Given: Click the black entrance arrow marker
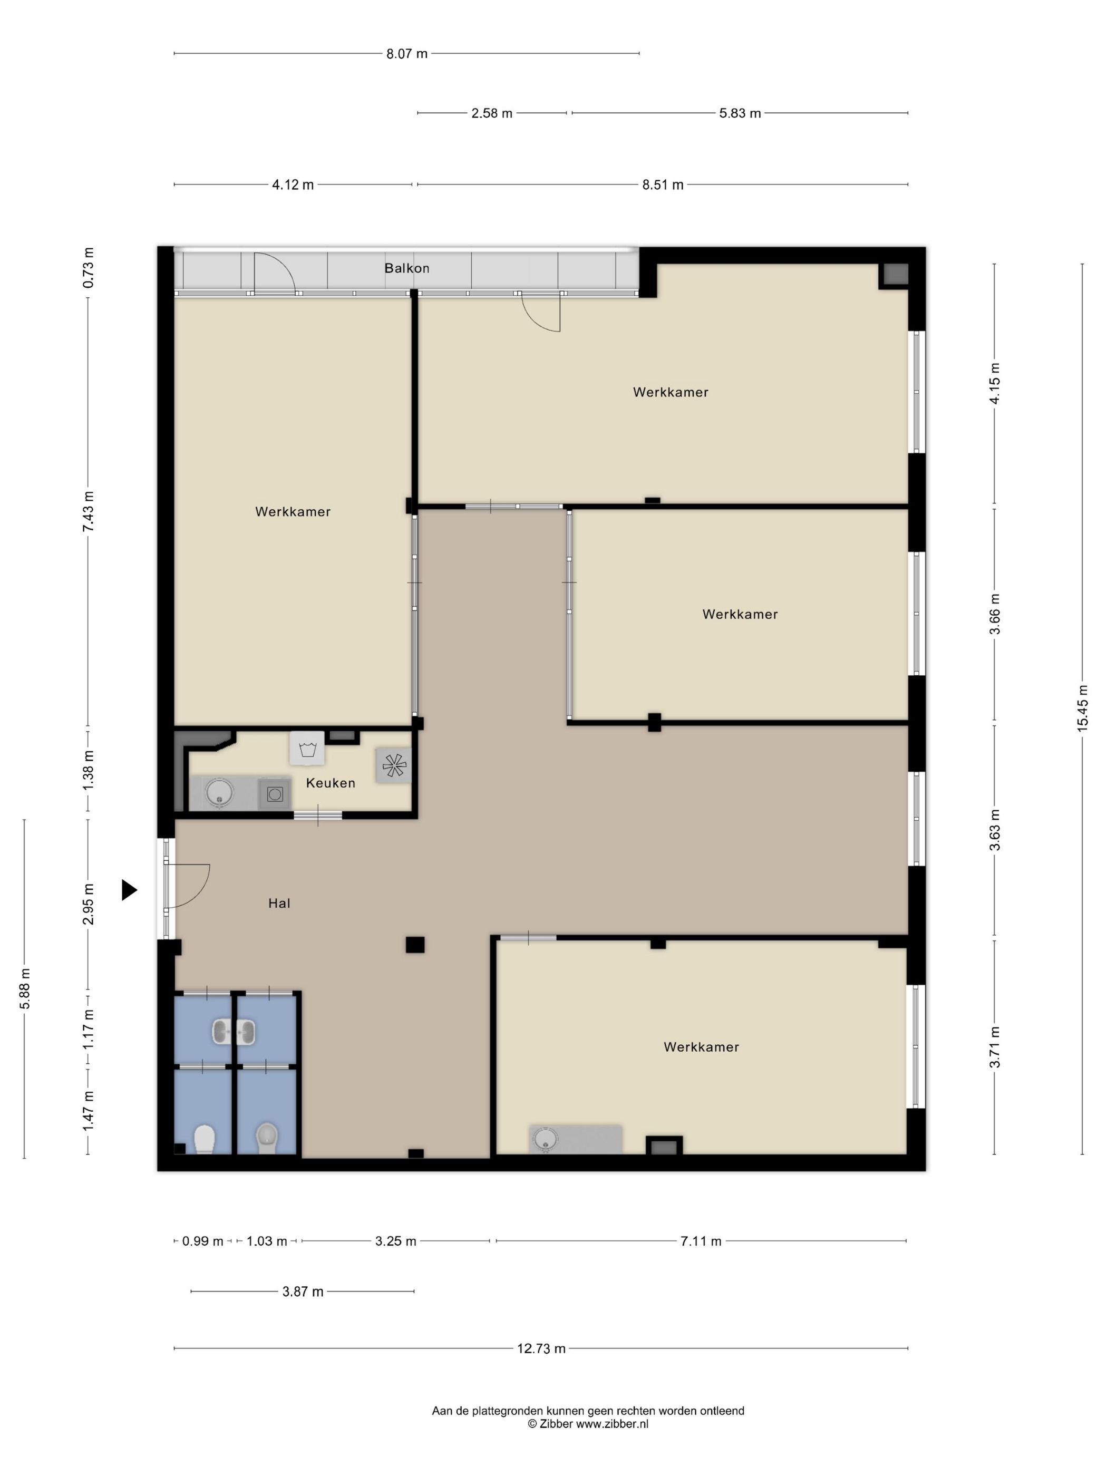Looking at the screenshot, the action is tap(129, 889).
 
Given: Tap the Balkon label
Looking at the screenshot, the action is tap(406, 268).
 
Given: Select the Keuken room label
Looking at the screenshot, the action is tap(331, 783).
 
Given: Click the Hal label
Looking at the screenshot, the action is tap(279, 903).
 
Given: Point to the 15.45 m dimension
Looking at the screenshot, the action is tap(1082, 708).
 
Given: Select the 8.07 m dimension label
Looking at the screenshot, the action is tap(406, 53).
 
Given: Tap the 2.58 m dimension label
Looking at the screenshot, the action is tap(492, 113).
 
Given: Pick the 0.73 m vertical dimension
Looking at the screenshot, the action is tap(88, 268).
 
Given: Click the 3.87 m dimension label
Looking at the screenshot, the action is tap(302, 1291).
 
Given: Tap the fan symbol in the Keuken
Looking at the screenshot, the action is tap(394, 765).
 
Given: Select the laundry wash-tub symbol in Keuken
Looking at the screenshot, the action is tap(307, 748).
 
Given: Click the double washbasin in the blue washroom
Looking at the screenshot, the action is tap(234, 1031).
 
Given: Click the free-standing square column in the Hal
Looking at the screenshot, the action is tap(415, 944).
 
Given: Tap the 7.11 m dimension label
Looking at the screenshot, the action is tap(701, 1241).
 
